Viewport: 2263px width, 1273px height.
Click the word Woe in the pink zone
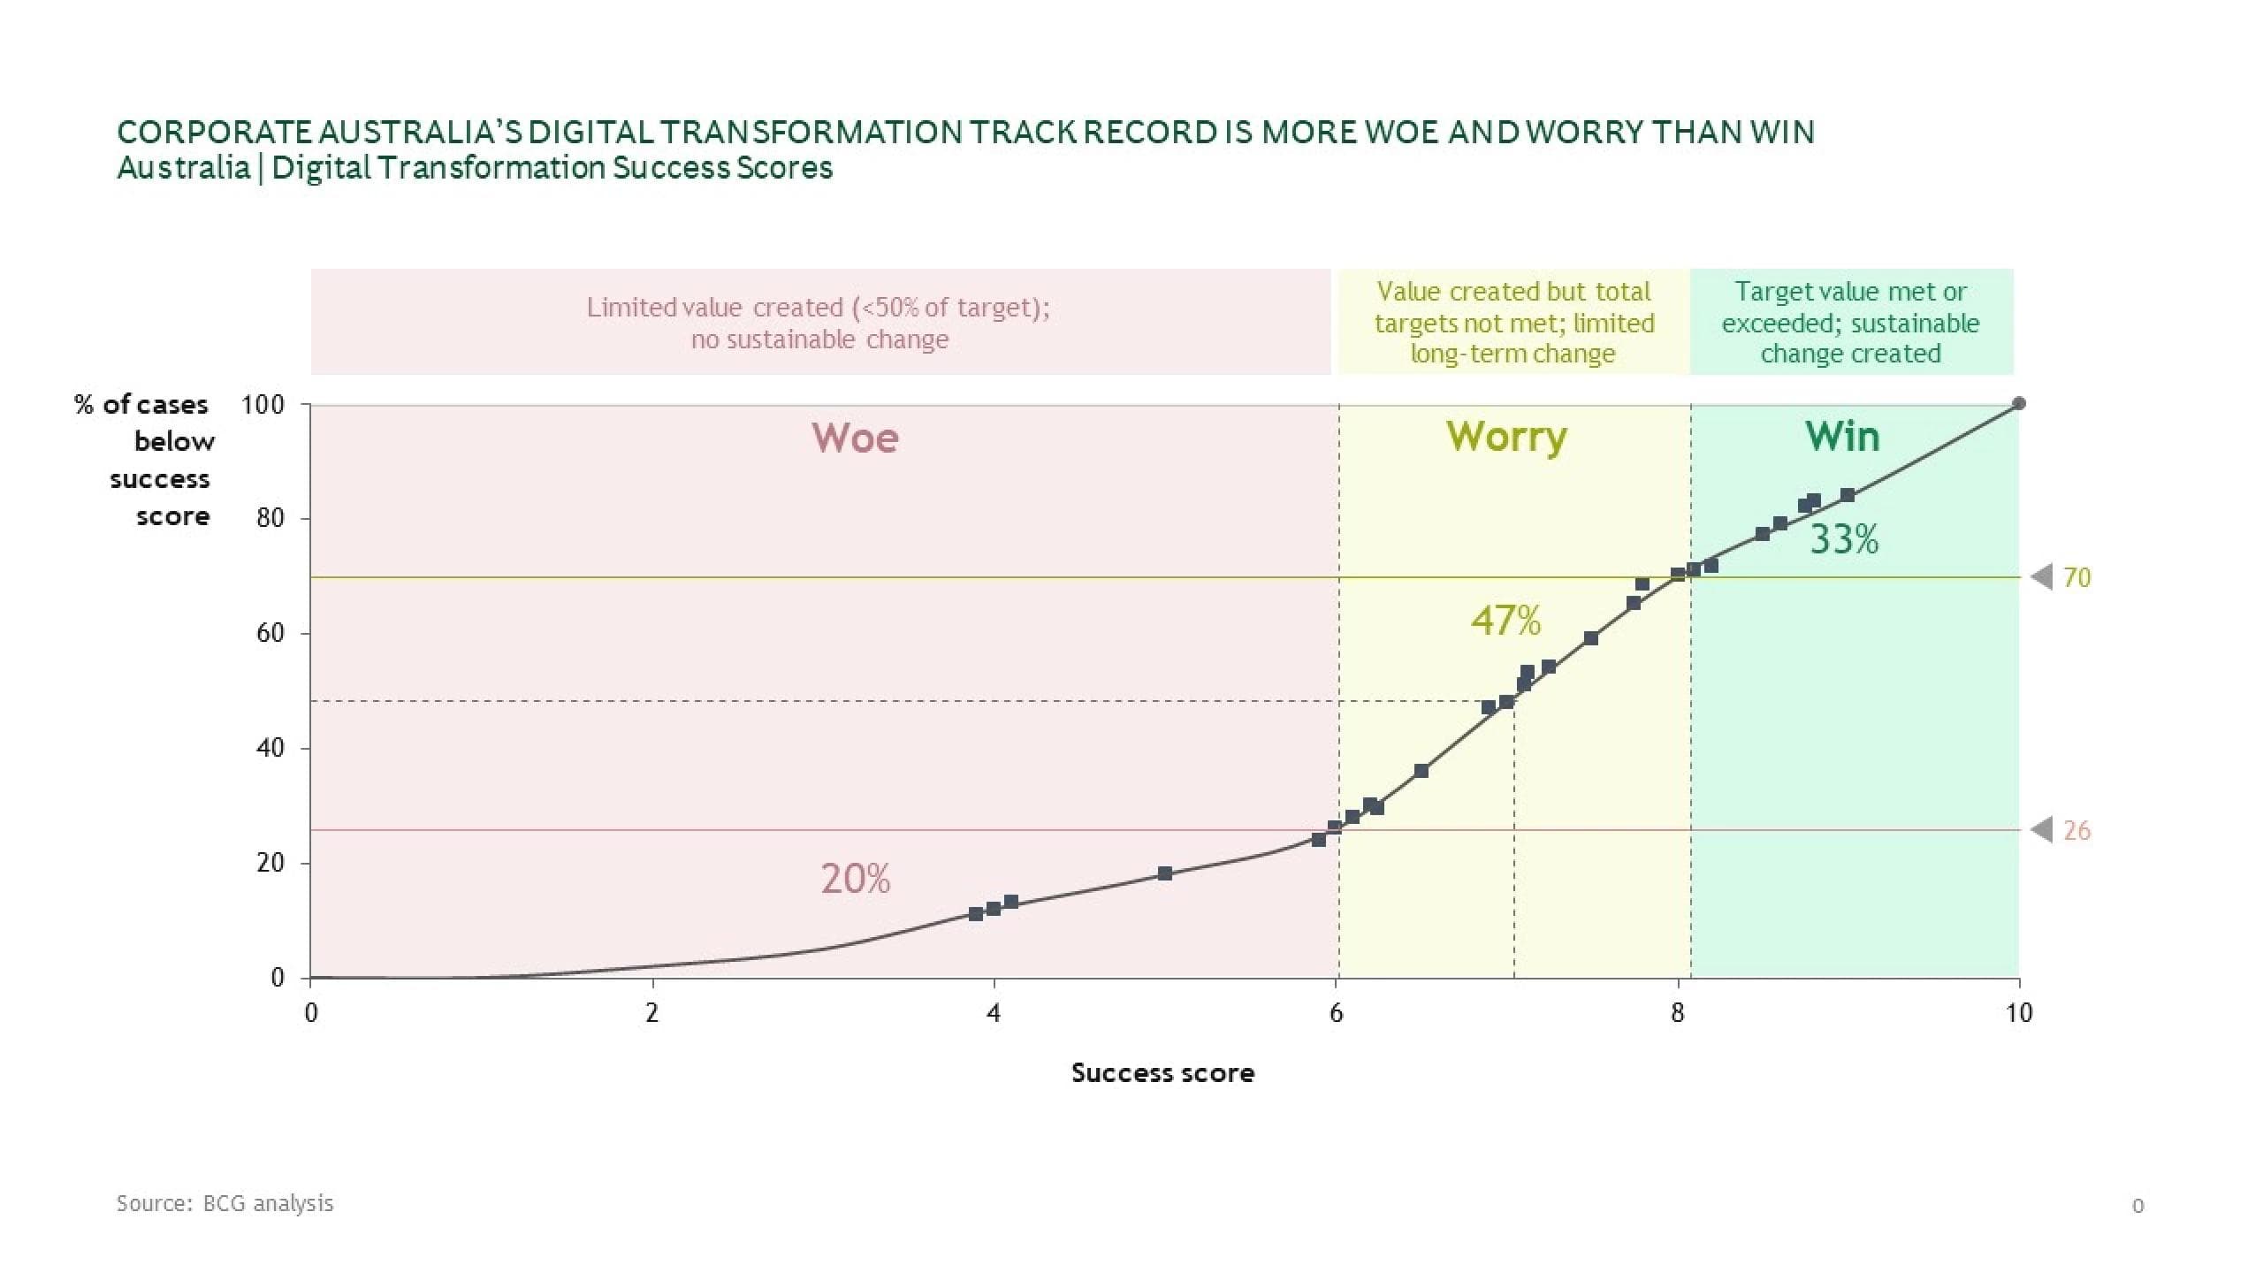(x=855, y=438)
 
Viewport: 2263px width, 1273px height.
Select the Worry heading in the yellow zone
(x=1506, y=438)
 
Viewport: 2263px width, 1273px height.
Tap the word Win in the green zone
(x=1842, y=437)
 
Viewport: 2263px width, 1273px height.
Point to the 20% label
(x=855, y=879)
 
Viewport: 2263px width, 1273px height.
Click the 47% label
(x=1505, y=621)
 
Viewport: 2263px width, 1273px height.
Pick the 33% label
(x=1844, y=539)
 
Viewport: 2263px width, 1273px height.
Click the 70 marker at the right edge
(x=2076, y=577)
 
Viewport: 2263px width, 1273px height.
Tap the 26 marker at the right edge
(x=2076, y=831)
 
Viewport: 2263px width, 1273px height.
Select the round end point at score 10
(x=2019, y=404)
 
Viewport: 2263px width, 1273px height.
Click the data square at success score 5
(x=1165, y=873)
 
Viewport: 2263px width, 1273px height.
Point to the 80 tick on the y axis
(x=270, y=518)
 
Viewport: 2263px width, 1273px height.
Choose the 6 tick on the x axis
(x=1337, y=1013)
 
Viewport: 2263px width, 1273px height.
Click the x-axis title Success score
(x=1162, y=1073)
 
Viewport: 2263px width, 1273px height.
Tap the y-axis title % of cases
(x=141, y=405)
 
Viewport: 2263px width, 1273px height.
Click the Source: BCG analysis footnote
(x=225, y=1203)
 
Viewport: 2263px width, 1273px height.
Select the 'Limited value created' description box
(x=819, y=323)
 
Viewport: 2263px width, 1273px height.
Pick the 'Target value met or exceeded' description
(x=1850, y=323)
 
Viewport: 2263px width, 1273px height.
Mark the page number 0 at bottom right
(x=2137, y=1206)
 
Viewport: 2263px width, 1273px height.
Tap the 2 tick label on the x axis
(x=652, y=1013)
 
